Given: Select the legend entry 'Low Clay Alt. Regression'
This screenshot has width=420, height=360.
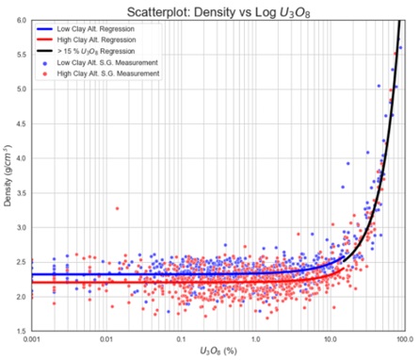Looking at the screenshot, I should [96, 29].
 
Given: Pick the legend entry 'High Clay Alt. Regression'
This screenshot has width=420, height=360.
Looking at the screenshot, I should [97, 41].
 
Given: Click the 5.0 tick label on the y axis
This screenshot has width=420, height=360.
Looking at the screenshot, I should [23, 90].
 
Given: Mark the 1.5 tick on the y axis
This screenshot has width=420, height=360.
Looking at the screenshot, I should [23, 331].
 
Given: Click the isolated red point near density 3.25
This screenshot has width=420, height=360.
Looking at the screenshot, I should [117, 208].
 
